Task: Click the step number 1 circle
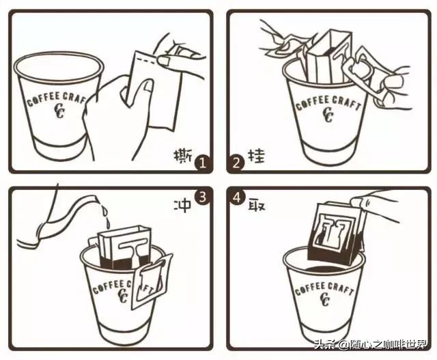(202, 163)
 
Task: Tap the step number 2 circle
(236, 163)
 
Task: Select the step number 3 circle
(202, 197)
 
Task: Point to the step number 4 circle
(237, 197)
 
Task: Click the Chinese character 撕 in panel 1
(182, 156)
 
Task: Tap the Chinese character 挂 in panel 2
(256, 156)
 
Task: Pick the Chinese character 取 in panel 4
(257, 205)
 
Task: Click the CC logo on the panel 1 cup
(59, 111)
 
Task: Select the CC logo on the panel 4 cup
(325, 299)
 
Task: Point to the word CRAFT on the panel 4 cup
(341, 289)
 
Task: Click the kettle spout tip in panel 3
(96, 198)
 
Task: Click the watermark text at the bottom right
(370, 344)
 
